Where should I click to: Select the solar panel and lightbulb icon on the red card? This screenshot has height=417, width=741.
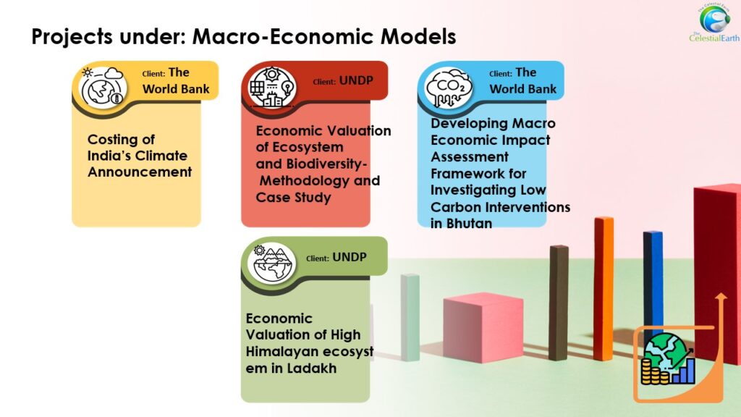point(272,88)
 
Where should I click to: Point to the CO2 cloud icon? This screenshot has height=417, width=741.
point(449,88)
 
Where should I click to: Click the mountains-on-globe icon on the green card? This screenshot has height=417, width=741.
point(272,263)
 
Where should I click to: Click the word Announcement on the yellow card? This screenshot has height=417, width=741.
point(140,172)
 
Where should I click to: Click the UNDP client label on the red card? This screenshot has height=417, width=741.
point(356,81)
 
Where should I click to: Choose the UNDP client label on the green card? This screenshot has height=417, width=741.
point(350,257)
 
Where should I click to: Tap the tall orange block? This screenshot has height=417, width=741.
point(604,288)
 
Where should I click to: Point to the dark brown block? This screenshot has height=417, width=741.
point(559,303)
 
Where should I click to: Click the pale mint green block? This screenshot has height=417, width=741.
point(410,318)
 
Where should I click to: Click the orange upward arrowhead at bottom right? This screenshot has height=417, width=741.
point(721,297)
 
